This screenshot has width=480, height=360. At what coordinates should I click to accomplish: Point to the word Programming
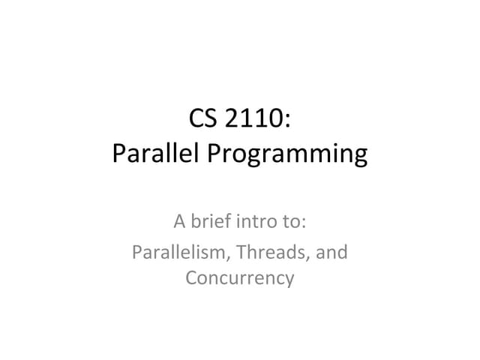coord(289,156)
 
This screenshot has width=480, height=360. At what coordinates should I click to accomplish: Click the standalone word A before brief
coord(178,222)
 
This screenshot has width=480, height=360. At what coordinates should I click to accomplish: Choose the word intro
coord(256,222)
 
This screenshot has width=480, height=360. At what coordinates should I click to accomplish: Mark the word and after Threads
coord(332,251)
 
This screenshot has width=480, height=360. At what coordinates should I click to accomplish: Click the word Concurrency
coord(240,278)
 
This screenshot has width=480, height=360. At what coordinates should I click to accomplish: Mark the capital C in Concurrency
coord(190,277)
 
